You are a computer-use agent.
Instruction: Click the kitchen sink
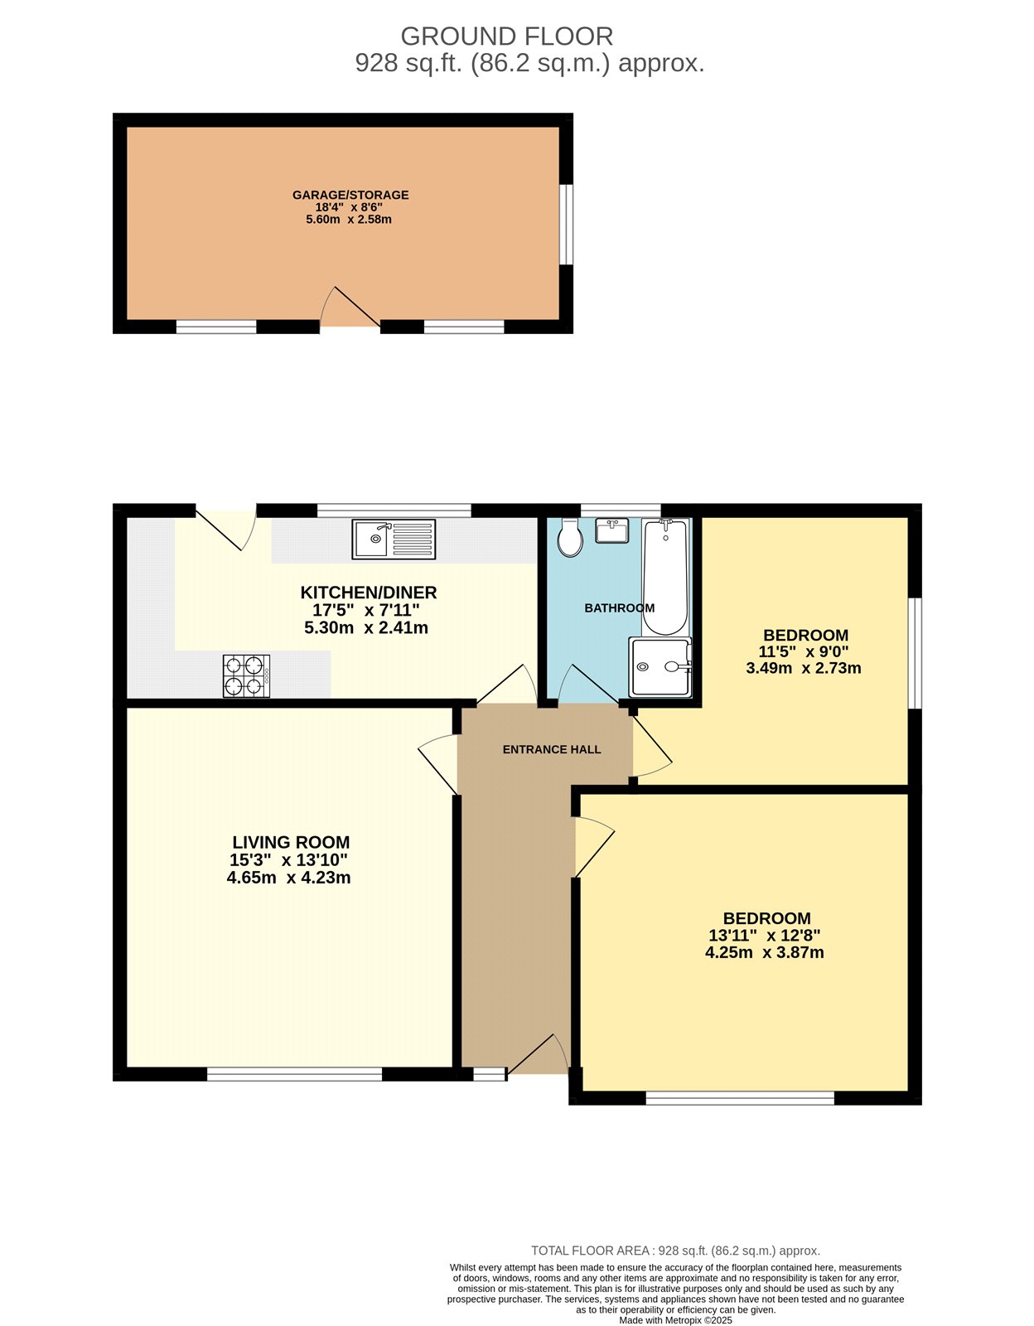pos(393,539)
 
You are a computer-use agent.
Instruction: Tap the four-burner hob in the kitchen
pos(246,675)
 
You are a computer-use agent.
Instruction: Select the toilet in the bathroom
pos(570,538)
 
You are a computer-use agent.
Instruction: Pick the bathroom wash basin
pos(614,530)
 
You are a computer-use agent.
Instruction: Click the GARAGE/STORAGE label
pos(350,196)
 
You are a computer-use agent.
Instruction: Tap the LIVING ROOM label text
pos(291,843)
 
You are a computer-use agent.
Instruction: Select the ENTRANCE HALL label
pos(552,749)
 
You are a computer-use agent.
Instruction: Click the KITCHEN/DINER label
pos(368,593)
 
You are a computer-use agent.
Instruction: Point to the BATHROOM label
pos(620,608)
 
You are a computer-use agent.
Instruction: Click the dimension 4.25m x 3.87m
pos(764,953)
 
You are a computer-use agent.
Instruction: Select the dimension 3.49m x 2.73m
pos(804,668)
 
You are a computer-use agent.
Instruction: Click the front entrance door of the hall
pos(538,1055)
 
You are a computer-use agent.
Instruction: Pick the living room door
pos(439,764)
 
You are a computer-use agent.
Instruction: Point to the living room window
pos(294,1075)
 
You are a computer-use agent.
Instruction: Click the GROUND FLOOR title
pos(506,36)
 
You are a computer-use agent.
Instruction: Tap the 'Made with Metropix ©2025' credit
pos(675,1320)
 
